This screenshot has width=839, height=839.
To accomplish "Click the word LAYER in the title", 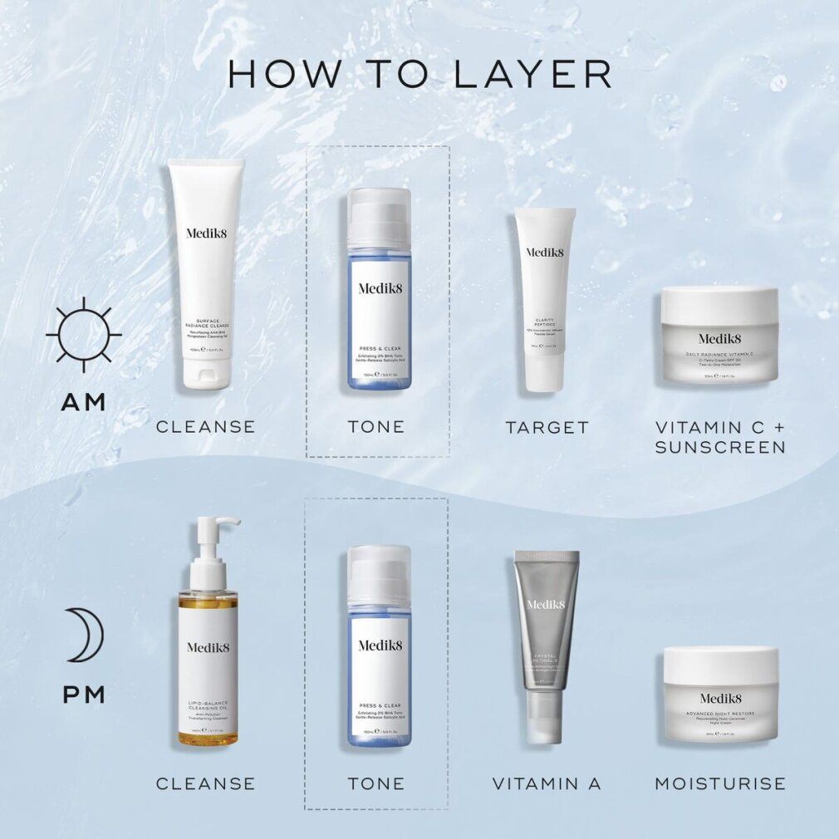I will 533,73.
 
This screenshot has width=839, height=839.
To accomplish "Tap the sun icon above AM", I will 84,335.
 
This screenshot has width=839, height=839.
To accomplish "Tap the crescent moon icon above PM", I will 84,635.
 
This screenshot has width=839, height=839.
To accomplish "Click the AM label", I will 84,403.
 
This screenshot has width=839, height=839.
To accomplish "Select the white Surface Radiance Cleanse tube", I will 205,274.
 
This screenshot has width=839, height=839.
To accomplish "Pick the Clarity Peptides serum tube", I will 544,299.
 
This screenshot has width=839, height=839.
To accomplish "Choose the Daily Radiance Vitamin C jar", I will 719,336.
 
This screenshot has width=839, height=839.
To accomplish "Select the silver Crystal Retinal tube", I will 545,640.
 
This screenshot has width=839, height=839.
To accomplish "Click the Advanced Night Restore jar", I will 719,694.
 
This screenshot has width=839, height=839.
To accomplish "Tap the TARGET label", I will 547,428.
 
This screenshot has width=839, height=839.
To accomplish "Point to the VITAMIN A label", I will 546,783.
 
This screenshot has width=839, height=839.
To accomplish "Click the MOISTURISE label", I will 719,783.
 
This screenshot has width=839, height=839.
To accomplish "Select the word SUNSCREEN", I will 719,448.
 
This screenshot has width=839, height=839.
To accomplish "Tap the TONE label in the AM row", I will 376,427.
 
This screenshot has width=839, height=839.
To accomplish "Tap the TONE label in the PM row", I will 376,783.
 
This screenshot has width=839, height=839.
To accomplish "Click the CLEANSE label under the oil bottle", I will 205,783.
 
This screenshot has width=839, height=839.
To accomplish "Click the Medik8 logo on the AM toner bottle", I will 379,288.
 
